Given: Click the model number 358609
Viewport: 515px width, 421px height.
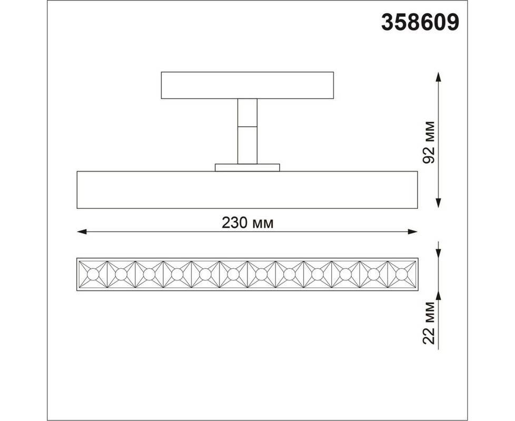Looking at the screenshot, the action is (420, 22).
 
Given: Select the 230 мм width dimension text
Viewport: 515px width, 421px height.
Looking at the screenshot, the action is (247, 223).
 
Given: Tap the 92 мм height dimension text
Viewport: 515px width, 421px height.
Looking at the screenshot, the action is (429, 142).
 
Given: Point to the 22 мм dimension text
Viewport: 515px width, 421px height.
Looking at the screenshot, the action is (429, 323).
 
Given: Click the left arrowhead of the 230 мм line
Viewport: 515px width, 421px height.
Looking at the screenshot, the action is (82, 232).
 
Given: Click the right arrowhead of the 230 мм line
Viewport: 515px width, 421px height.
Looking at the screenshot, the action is (412, 232).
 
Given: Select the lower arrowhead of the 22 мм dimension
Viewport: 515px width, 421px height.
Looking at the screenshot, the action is (438, 295).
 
